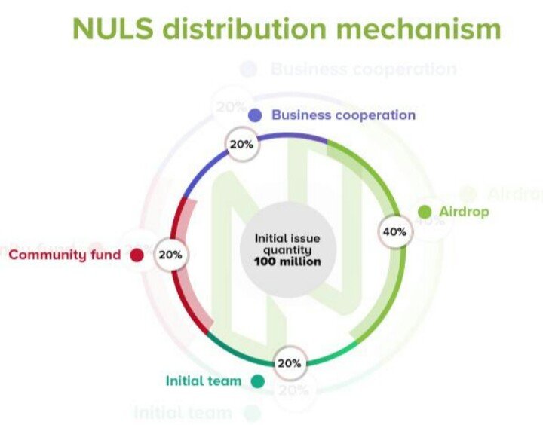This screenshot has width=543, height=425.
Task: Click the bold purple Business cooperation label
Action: click(x=343, y=115)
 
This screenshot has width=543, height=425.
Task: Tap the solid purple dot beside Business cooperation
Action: click(x=255, y=115)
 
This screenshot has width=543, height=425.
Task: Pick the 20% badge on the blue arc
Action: click(x=241, y=144)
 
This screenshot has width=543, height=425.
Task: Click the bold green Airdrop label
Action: click(x=465, y=211)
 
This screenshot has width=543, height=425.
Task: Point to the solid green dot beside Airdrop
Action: click(x=425, y=211)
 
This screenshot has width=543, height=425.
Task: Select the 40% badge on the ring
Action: click(x=394, y=231)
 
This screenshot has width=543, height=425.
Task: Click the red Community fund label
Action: click(x=64, y=255)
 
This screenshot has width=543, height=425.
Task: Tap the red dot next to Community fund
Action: click(x=137, y=255)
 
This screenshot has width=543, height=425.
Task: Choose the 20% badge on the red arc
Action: click(x=170, y=255)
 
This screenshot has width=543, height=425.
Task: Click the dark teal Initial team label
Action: click(x=204, y=381)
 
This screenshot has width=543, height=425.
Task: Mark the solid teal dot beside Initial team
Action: click(x=258, y=381)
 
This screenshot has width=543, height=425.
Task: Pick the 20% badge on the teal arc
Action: click(x=290, y=362)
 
